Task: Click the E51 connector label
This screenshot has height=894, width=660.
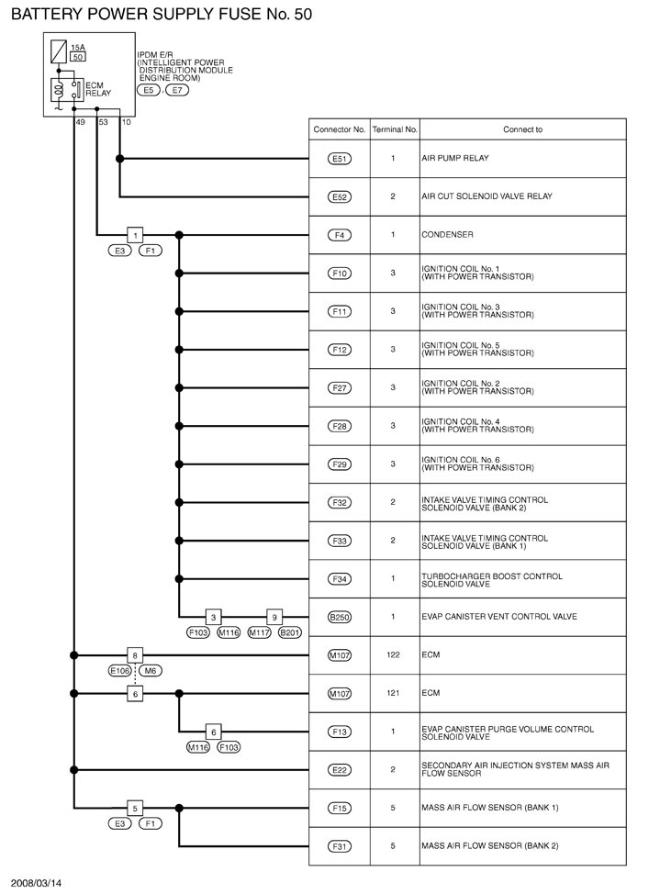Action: tap(340, 159)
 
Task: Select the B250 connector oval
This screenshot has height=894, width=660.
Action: tap(340, 617)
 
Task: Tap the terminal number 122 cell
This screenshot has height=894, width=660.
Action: tap(392, 655)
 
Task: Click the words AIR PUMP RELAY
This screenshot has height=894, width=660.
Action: tap(454, 159)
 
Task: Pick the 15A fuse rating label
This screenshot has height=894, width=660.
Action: tap(78, 45)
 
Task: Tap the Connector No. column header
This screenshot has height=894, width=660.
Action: tap(340, 129)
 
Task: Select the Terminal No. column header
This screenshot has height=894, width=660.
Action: tap(395, 129)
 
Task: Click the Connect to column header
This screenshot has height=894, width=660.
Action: tap(522, 129)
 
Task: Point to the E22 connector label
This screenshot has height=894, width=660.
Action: tap(340, 769)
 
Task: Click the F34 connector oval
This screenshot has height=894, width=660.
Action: tap(340, 578)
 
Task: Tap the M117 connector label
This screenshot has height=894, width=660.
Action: tap(260, 632)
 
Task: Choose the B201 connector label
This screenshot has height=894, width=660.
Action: tap(289, 632)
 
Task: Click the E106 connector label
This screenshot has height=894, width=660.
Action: tap(120, 671)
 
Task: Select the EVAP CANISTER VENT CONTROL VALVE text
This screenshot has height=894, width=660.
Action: tap(499, 617)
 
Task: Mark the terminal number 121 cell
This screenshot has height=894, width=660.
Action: tap(392, 693)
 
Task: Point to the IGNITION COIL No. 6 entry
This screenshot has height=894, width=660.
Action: tap(477, 464)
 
